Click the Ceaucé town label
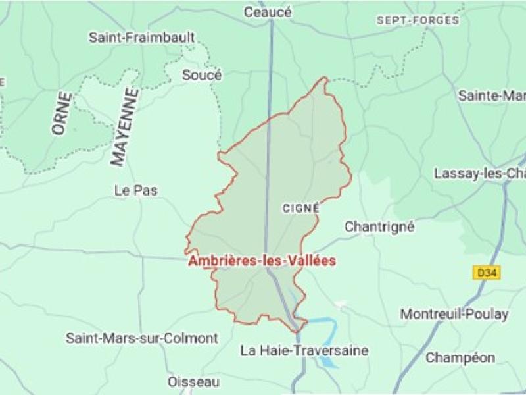coord(268,13)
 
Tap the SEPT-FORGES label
coord(418,20)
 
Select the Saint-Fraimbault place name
coord(142,38)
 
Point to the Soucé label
coord(202,75)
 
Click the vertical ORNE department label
coord(62,113)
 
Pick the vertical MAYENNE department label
coord(126,126)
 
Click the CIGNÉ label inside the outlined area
coord(300,207)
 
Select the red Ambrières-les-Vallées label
coord(262,261)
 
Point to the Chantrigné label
coord(379,226)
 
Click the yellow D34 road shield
coord(483,271)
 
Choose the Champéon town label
coord(460,357)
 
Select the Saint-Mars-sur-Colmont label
coord(141,338)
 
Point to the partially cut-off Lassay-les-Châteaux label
coord(479,174)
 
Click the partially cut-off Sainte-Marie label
coord(491,95)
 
